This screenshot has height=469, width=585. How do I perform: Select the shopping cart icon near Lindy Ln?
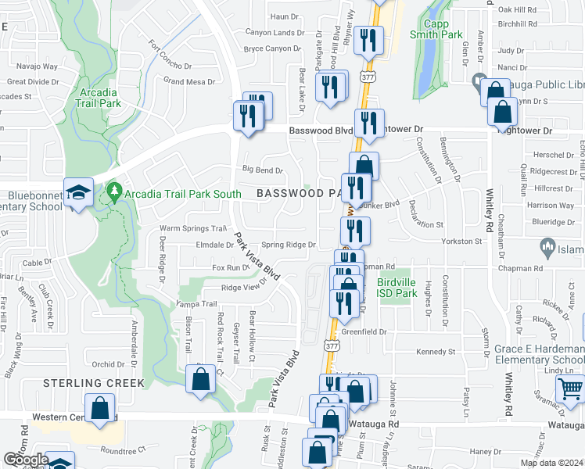point(571,388)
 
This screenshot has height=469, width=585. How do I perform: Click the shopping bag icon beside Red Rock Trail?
point(201,380)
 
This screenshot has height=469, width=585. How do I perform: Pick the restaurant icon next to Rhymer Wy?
point(366,40)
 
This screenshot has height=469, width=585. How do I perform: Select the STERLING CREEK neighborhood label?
point(94,383)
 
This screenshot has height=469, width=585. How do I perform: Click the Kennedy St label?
point(436,352)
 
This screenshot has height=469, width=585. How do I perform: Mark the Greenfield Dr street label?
point(364,331)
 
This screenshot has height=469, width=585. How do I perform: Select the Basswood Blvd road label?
point(321,131)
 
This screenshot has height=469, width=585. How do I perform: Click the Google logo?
point(25,460)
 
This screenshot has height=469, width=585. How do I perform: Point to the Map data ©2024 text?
point(551,463)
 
